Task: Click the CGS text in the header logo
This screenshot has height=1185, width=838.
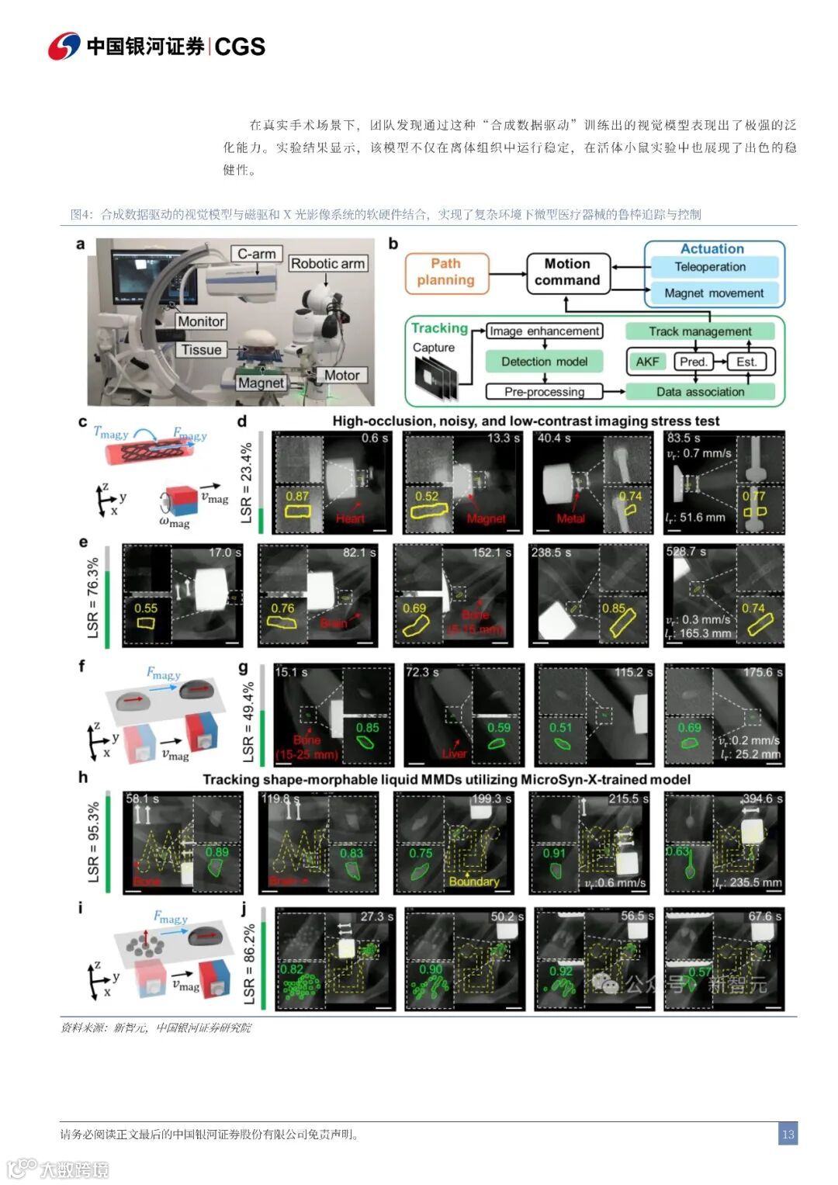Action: tap(240, 47)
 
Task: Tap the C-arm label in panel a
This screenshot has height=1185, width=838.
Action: tap(257, 254)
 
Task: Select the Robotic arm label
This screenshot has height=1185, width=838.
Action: tap(327, 264)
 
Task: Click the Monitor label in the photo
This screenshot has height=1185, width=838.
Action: tap(201, 321)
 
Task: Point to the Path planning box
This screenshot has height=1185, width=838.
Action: tap(446, 272)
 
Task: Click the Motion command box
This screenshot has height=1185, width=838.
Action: tap(567, 272)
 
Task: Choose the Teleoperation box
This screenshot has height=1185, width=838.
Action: tap(710, 267)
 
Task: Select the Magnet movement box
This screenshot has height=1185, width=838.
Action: tap(714, 293)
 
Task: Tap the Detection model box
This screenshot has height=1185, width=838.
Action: tap(545, 362)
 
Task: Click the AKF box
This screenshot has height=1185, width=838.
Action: tap(647, 362)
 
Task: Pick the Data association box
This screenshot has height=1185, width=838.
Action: tap(700, 392)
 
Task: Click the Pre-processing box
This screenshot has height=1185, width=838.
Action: tap(545, 392)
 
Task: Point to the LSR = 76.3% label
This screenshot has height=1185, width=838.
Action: tap(94, 598)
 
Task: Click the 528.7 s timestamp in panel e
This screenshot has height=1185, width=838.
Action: tap(686, 552)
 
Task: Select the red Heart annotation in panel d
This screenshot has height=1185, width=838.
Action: tap(350, 518)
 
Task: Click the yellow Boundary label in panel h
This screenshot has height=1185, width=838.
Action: tap(473, 882)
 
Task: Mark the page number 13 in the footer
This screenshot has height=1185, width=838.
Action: tap(788, 1134)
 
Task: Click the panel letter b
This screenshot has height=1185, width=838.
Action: tap(393, 244)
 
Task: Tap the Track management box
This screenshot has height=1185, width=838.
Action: tap(700, 331)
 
